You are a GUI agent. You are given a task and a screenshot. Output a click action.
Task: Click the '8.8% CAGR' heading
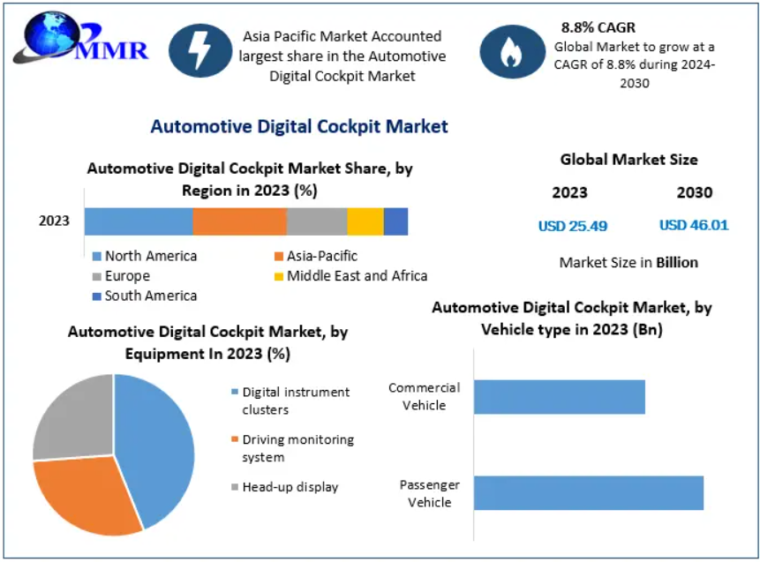598,27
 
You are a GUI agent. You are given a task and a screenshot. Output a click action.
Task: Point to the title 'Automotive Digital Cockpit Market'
299,126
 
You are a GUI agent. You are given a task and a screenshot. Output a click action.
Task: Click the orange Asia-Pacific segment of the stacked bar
239,221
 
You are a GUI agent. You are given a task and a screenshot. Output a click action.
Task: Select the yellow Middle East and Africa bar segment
365,221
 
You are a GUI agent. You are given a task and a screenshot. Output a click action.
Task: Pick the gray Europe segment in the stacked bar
317,221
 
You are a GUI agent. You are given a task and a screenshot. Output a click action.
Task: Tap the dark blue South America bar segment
395,221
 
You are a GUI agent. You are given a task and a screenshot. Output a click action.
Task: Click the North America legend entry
146,256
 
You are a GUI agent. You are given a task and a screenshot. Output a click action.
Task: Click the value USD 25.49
573,226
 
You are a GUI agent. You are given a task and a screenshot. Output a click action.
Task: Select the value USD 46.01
694,225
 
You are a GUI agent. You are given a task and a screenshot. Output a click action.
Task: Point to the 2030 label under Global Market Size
695,192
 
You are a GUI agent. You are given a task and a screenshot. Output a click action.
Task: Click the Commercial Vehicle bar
559,397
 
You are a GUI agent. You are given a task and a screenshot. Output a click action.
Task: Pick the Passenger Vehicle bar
588,493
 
